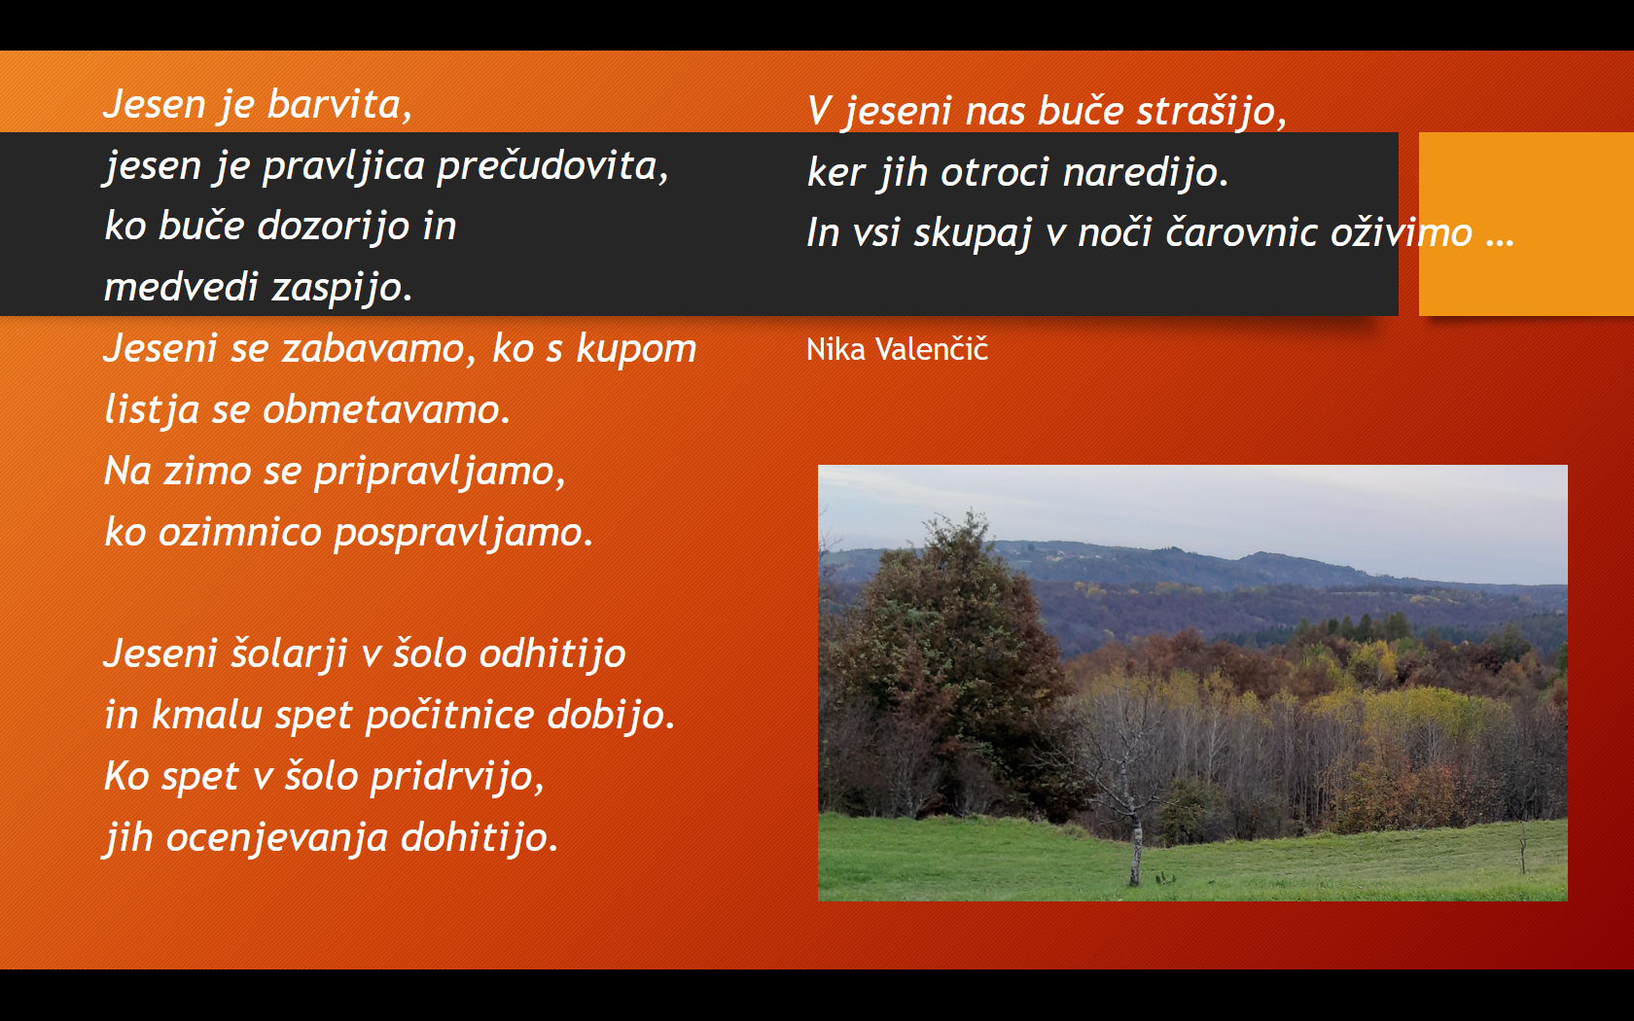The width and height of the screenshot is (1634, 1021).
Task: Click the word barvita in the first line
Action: point(339,104)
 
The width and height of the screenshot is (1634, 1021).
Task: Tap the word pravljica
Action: point(343,167)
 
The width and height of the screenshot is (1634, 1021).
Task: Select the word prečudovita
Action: point(552,165)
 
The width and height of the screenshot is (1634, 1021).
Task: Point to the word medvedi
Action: point(181,286)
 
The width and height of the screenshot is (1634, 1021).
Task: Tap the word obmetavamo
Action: point(386,410)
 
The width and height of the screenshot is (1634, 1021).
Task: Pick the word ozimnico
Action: point(240,532)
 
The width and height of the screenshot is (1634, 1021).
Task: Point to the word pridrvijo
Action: point(457,777)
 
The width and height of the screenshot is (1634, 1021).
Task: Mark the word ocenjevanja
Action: point(277,838)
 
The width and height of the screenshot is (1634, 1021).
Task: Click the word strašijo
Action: point(1212,112)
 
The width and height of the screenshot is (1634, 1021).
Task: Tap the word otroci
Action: point(995,173)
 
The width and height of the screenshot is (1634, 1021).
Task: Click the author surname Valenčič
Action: point(932,349)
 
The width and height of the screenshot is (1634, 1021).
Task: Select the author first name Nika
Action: point(836,349)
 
